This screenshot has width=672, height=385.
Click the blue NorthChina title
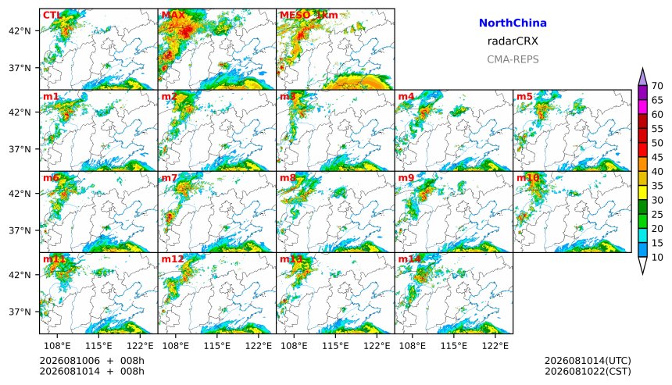pos(513,23)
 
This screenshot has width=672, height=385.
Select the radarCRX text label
pos(513,41)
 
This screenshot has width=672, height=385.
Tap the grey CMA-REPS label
pos(513,59)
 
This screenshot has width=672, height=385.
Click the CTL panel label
pos(52,15)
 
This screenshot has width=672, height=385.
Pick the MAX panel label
pos(173,15)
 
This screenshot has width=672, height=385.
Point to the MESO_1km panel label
pos(309,16)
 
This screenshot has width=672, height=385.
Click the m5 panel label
pos(524,96)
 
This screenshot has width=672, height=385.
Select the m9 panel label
pos(406,178)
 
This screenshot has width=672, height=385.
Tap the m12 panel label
pos(172,259)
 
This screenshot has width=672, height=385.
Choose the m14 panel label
pos(409,259)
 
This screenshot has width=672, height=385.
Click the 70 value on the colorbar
pos(657,86)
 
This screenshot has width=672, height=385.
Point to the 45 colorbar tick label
pos(657,158)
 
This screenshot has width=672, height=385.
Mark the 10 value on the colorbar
pos(657,258)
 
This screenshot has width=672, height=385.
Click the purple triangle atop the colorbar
pos(642,78)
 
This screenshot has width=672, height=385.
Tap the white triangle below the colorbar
pos(642,265)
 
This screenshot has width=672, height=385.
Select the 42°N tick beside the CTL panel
pos(20,31)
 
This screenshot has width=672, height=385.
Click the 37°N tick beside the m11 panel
pos(20,312)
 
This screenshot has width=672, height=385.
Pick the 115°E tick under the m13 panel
pos(335,345)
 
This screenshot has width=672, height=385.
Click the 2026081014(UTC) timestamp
pos(588,361)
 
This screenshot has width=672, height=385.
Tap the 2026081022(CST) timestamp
pos(588,371)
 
